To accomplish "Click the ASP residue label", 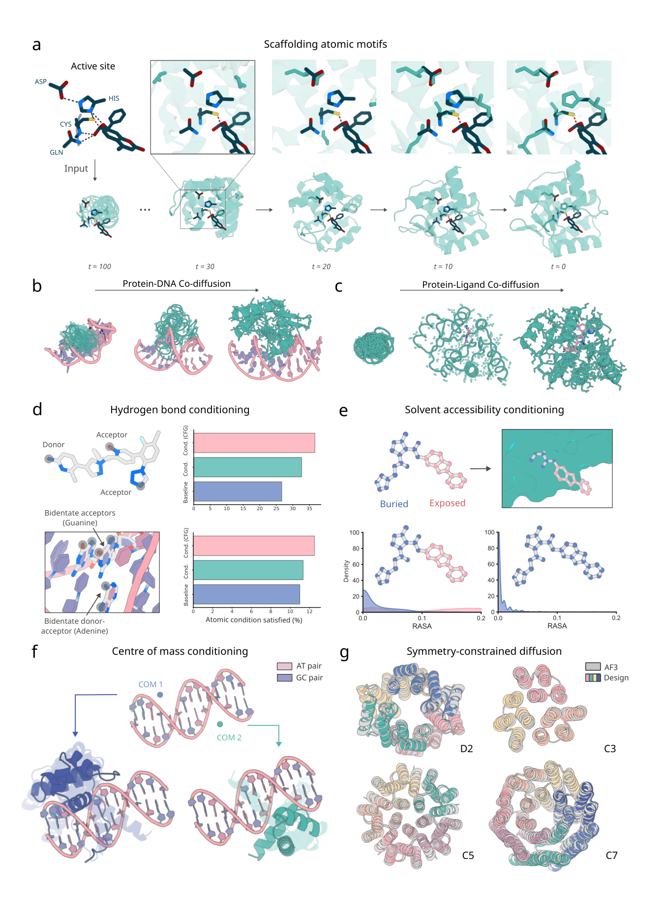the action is [41, 82].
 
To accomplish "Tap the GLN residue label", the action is [57, 152].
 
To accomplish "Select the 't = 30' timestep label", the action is [205, 267].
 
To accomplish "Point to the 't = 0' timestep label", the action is [558, 267].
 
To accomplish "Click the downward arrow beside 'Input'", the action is [95, 170].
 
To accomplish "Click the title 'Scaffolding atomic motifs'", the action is [326, 44].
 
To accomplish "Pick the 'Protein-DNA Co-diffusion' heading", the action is [177, 284].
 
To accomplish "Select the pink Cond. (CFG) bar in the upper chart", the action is [254, 443].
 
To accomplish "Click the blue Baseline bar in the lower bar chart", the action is [246, 594].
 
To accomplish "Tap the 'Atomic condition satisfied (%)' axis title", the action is [254, 620].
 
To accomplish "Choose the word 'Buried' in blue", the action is [394, 504].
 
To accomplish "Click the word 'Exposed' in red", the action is [447, 503].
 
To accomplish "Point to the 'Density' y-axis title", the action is [346, 571].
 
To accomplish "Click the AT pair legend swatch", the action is [285, 666].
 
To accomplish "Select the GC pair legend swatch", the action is [285, 678].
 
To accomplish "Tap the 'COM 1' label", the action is [151, 685].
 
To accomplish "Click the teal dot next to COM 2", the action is [220, 724].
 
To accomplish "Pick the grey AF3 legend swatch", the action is [593, 667].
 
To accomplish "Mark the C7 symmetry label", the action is [611, 855].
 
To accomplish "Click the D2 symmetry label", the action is [466, 749].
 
